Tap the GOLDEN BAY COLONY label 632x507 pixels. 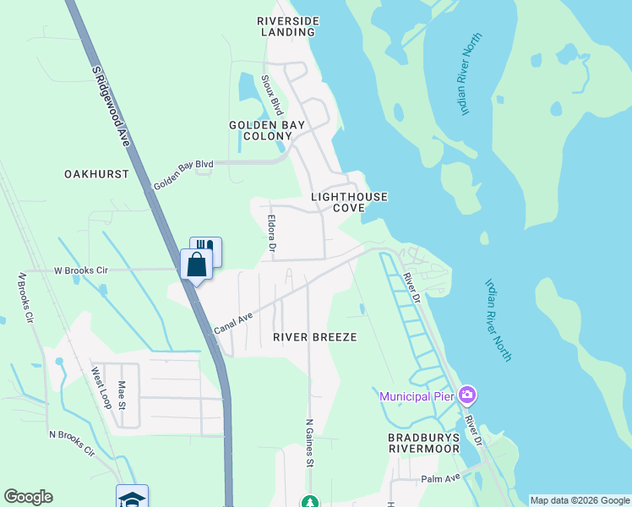(x=265, y=130)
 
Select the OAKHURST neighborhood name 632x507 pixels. (x=96, y=174)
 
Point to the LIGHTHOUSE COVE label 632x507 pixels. (x=349, y=202)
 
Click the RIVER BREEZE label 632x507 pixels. (x=315, y=337)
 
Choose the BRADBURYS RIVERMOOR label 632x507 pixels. (x=423, y=443)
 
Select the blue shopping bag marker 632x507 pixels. (x=196, y=264)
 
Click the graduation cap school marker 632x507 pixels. (x=132, y=498)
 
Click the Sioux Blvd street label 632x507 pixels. (x=275, y=94)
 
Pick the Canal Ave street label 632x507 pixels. (x=233, y=319)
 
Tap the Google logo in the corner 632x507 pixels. (x=28, y=497)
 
